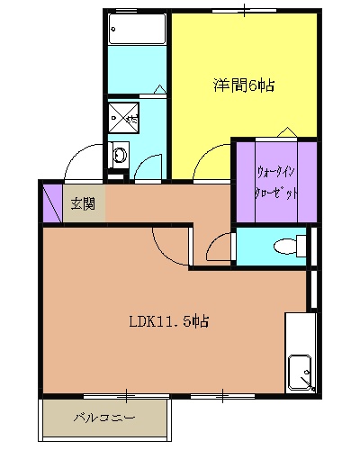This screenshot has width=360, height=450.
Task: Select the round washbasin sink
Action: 118,154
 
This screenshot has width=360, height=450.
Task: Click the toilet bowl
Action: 285,245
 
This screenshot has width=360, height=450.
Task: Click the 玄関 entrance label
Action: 83,203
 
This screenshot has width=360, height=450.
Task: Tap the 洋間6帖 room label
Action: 244,86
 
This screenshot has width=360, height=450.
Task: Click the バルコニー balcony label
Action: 103,418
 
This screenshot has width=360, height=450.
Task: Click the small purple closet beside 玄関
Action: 50,204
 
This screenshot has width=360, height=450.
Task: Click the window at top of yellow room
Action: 245,10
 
